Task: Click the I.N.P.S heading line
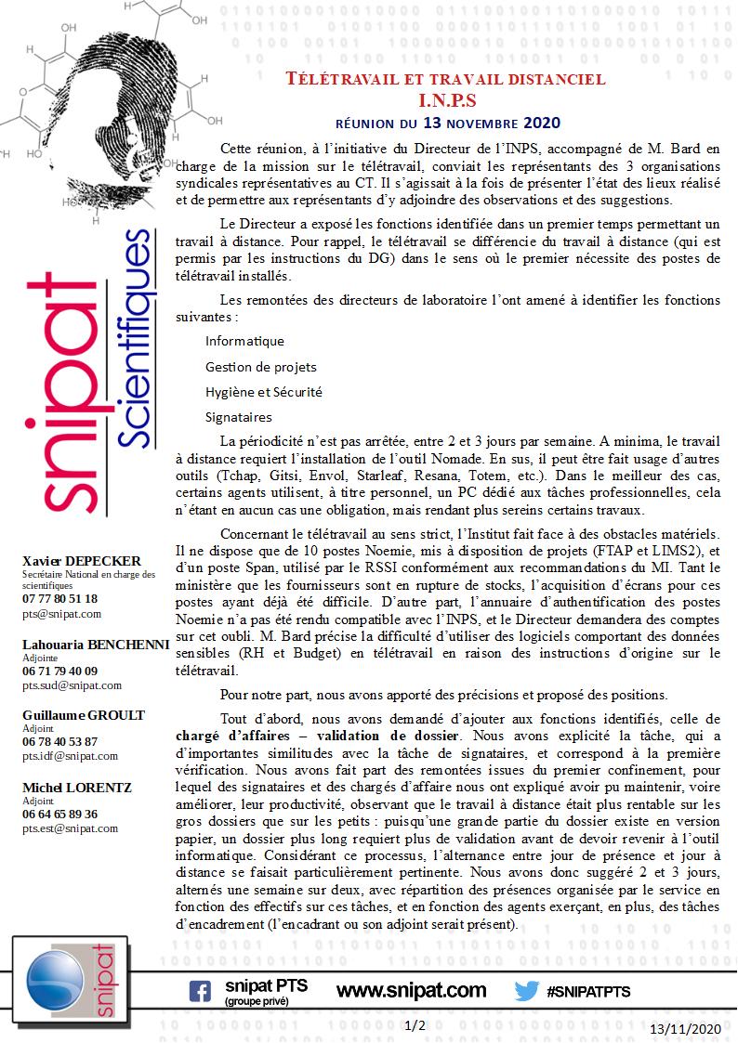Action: coord(446,100)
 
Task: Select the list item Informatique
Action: coord(244,341)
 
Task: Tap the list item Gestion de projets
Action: coord(260,367)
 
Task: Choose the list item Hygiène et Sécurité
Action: coord(263,392)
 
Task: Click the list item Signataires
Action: coord(238,417)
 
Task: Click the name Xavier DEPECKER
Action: coord(82,561)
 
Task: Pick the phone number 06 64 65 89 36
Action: coord(59,814)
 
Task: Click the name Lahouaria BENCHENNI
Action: coord(96,644)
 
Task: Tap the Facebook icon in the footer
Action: coord(200,991)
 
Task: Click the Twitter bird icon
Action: coord(527,991)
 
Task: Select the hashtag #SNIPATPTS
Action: coord(589,992)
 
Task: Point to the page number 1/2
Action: coord(415,1025)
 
